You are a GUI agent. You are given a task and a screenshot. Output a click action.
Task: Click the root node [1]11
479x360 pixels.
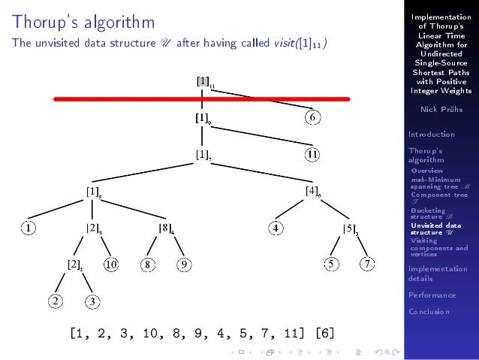pos(204,81)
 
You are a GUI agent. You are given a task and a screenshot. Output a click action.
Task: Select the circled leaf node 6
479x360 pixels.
pos(314,116)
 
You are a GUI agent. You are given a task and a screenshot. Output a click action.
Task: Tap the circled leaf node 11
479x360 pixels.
pos(314,154)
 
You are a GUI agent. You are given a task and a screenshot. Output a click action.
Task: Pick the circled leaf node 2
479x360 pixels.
pos(56,301)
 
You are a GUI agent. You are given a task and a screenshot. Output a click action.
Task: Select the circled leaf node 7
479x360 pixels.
pos(366,264)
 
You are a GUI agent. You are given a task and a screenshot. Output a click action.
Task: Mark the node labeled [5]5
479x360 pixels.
pos(351,228)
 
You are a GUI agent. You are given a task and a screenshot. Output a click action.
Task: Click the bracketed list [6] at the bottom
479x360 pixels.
pos(325,332)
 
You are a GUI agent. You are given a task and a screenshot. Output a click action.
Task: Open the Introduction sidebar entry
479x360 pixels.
pos(431,135)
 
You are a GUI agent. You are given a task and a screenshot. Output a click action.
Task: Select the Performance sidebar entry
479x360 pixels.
pos(432,295)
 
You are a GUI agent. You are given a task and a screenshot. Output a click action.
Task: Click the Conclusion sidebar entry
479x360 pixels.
pos(429,312)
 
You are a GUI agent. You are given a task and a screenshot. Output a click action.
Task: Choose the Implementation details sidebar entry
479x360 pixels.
pos(437,274)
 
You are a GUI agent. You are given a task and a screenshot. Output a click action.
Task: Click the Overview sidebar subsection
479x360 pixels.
pos(427,171)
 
